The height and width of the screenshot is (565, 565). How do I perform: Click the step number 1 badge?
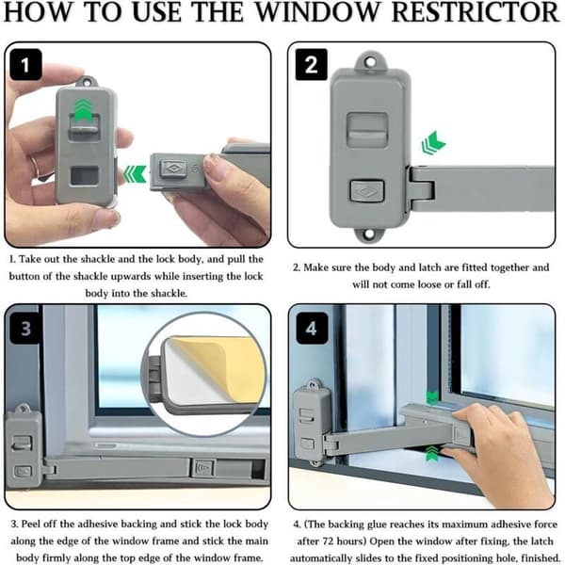[x=25, y=65]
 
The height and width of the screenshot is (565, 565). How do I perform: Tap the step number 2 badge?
[x=312, y=65]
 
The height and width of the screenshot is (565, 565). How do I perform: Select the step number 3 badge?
[x=25, y=328]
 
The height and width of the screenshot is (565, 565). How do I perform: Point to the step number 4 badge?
[x=312, y=328]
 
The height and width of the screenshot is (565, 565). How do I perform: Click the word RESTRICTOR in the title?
[x=476, y=12]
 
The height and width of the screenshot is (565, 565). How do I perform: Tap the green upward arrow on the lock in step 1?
[x=84, y=109]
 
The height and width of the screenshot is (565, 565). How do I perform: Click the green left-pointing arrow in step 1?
[x=135, y=173]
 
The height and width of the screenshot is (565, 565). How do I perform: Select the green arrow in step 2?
[x=433, y=143]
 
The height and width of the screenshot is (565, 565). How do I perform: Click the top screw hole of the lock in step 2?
[x=370, y=62]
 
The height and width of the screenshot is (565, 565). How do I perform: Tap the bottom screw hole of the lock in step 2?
[x=368, y=234]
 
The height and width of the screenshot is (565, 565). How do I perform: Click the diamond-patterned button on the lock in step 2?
[x=367, y=190]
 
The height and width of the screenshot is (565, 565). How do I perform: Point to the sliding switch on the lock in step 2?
[x=367, y=130]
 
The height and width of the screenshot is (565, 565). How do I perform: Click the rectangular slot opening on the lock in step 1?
[x=85, y=175]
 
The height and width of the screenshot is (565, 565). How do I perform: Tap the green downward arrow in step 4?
[x=432, y=397]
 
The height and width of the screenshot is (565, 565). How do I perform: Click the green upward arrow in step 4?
[x=432, y=454]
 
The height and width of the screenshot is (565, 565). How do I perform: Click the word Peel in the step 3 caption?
[x=30, y=524]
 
